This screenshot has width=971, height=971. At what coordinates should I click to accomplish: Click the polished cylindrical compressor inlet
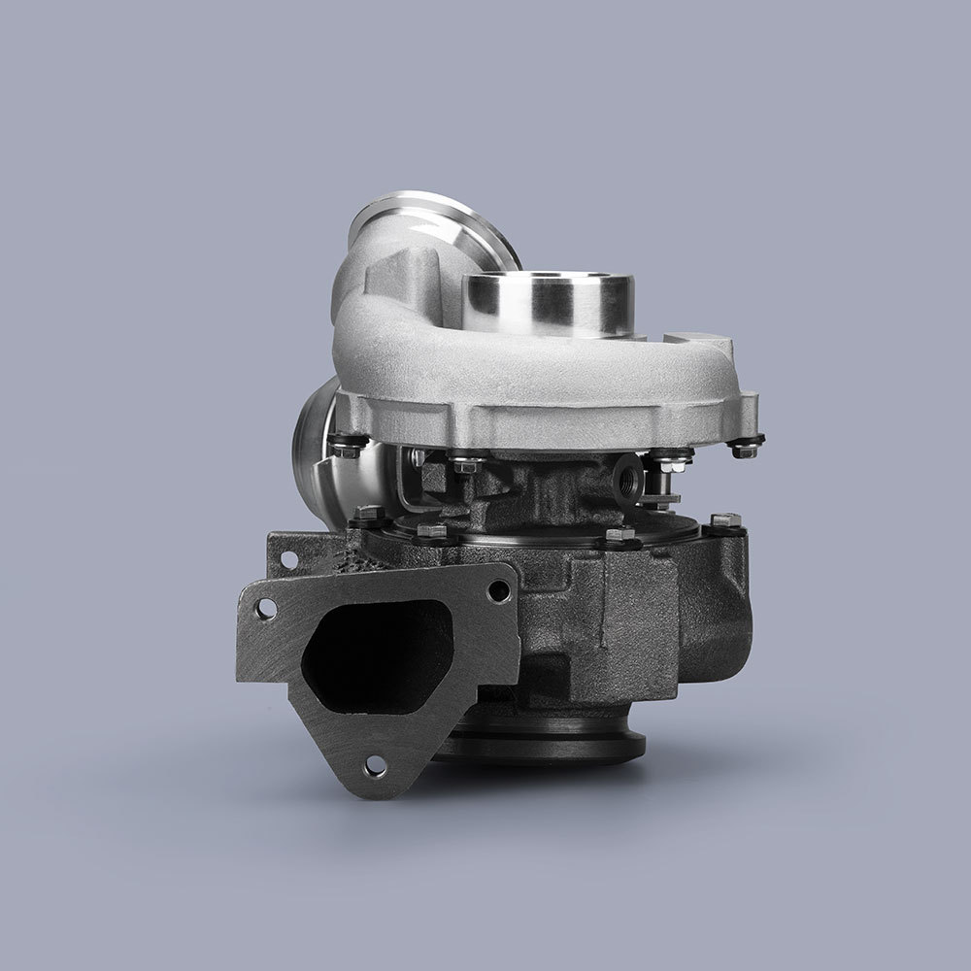coord(549,301)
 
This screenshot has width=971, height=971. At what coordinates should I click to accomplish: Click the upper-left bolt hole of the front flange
coord(265,608)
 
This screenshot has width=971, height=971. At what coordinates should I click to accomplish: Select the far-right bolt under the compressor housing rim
coord(745,449)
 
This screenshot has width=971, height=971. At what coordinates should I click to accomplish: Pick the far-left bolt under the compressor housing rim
coord(343,448)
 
